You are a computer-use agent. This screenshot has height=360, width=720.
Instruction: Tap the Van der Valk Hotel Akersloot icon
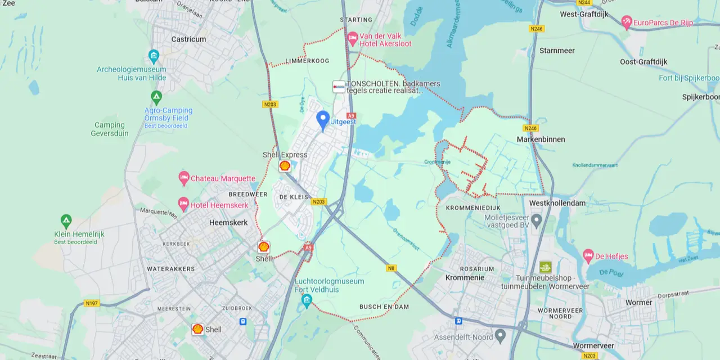[353, 39]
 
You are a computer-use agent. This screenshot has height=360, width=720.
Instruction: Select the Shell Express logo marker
[285, 165]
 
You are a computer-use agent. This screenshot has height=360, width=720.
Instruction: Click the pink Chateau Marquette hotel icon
[184, 178]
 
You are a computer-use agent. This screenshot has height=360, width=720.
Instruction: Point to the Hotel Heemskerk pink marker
[183, 205]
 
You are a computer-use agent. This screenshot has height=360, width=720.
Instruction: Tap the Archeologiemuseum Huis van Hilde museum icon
[154, 56]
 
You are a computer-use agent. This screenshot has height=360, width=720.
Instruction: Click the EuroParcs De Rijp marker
[627, 22]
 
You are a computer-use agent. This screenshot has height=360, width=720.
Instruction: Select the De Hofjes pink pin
[588, 256]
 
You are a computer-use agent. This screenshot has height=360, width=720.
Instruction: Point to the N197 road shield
[91, 303]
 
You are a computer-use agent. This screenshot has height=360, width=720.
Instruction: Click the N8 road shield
[391, 268]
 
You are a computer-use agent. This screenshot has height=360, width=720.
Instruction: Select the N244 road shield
[583, 3]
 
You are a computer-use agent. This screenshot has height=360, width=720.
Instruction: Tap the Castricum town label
[188, 39]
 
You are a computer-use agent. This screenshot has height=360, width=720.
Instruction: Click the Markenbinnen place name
[541, 139]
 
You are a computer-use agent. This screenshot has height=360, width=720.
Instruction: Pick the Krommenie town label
[465, 278]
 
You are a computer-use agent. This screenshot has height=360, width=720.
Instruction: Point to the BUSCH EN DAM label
[384, 307]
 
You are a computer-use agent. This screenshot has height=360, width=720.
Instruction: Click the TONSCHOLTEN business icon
[339, 87]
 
